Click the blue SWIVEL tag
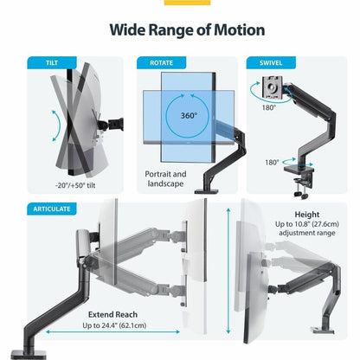265,63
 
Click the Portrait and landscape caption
166,178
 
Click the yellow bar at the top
179,3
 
